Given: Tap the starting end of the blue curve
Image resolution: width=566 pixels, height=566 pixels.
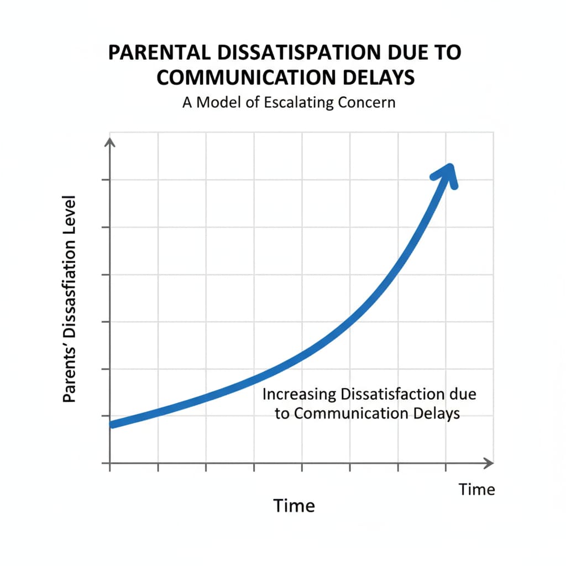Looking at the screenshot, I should click(x=113, y=424).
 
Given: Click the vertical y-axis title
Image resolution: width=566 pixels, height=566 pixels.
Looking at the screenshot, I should click(x=69, y=298).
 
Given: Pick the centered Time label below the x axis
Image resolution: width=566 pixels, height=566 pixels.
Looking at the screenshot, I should click(x=294, y=505).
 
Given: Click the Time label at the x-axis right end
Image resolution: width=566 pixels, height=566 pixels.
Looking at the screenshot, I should click(x=477, y=489).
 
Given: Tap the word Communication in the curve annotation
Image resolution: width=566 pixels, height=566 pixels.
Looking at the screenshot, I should click(x=350, y=413).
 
